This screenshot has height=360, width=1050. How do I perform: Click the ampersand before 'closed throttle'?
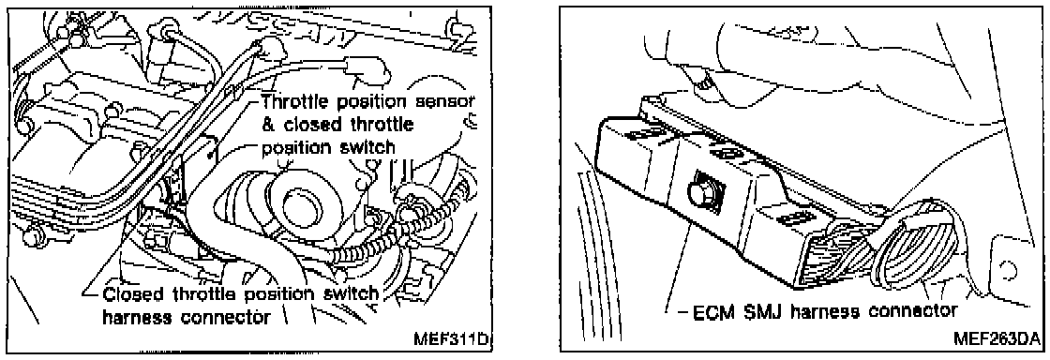(268, 125)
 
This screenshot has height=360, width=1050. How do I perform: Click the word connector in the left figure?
(232, 319)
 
